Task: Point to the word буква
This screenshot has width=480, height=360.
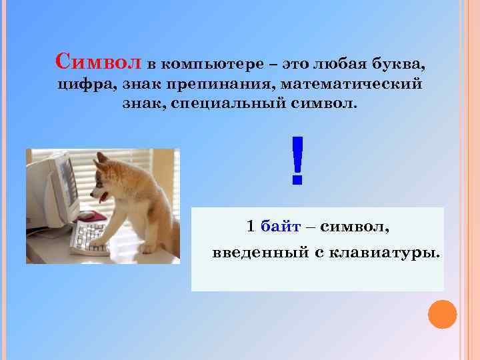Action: click(399, 65)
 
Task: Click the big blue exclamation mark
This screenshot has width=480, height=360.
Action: click(297, 160)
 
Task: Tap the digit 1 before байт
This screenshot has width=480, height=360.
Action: click(250, 227)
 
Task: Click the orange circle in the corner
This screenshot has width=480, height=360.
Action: click(442, 315)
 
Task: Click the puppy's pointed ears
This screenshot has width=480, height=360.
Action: click(101, 158)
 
